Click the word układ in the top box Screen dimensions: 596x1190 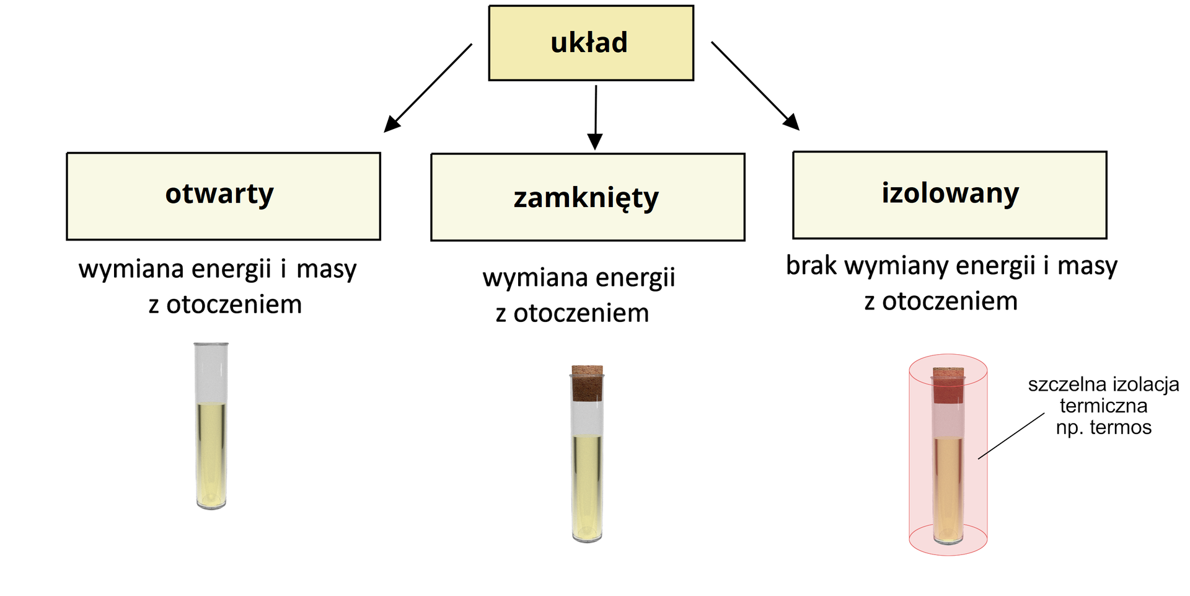click(589, 43)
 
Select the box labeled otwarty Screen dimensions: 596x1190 click(223, 196)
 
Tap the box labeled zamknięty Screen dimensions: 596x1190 click(588, 197)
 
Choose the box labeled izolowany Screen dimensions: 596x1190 click(950, 195)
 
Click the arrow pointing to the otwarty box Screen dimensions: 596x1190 click(428, 87)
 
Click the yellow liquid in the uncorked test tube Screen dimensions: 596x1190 click(211, 453)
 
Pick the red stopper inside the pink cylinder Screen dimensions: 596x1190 click(948, 386)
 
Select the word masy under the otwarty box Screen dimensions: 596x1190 click(326, 270)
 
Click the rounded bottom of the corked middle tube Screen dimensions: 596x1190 click(587, 537)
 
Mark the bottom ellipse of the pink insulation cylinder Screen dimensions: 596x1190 click(948, 548)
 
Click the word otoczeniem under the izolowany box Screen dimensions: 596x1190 click(950, 301)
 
